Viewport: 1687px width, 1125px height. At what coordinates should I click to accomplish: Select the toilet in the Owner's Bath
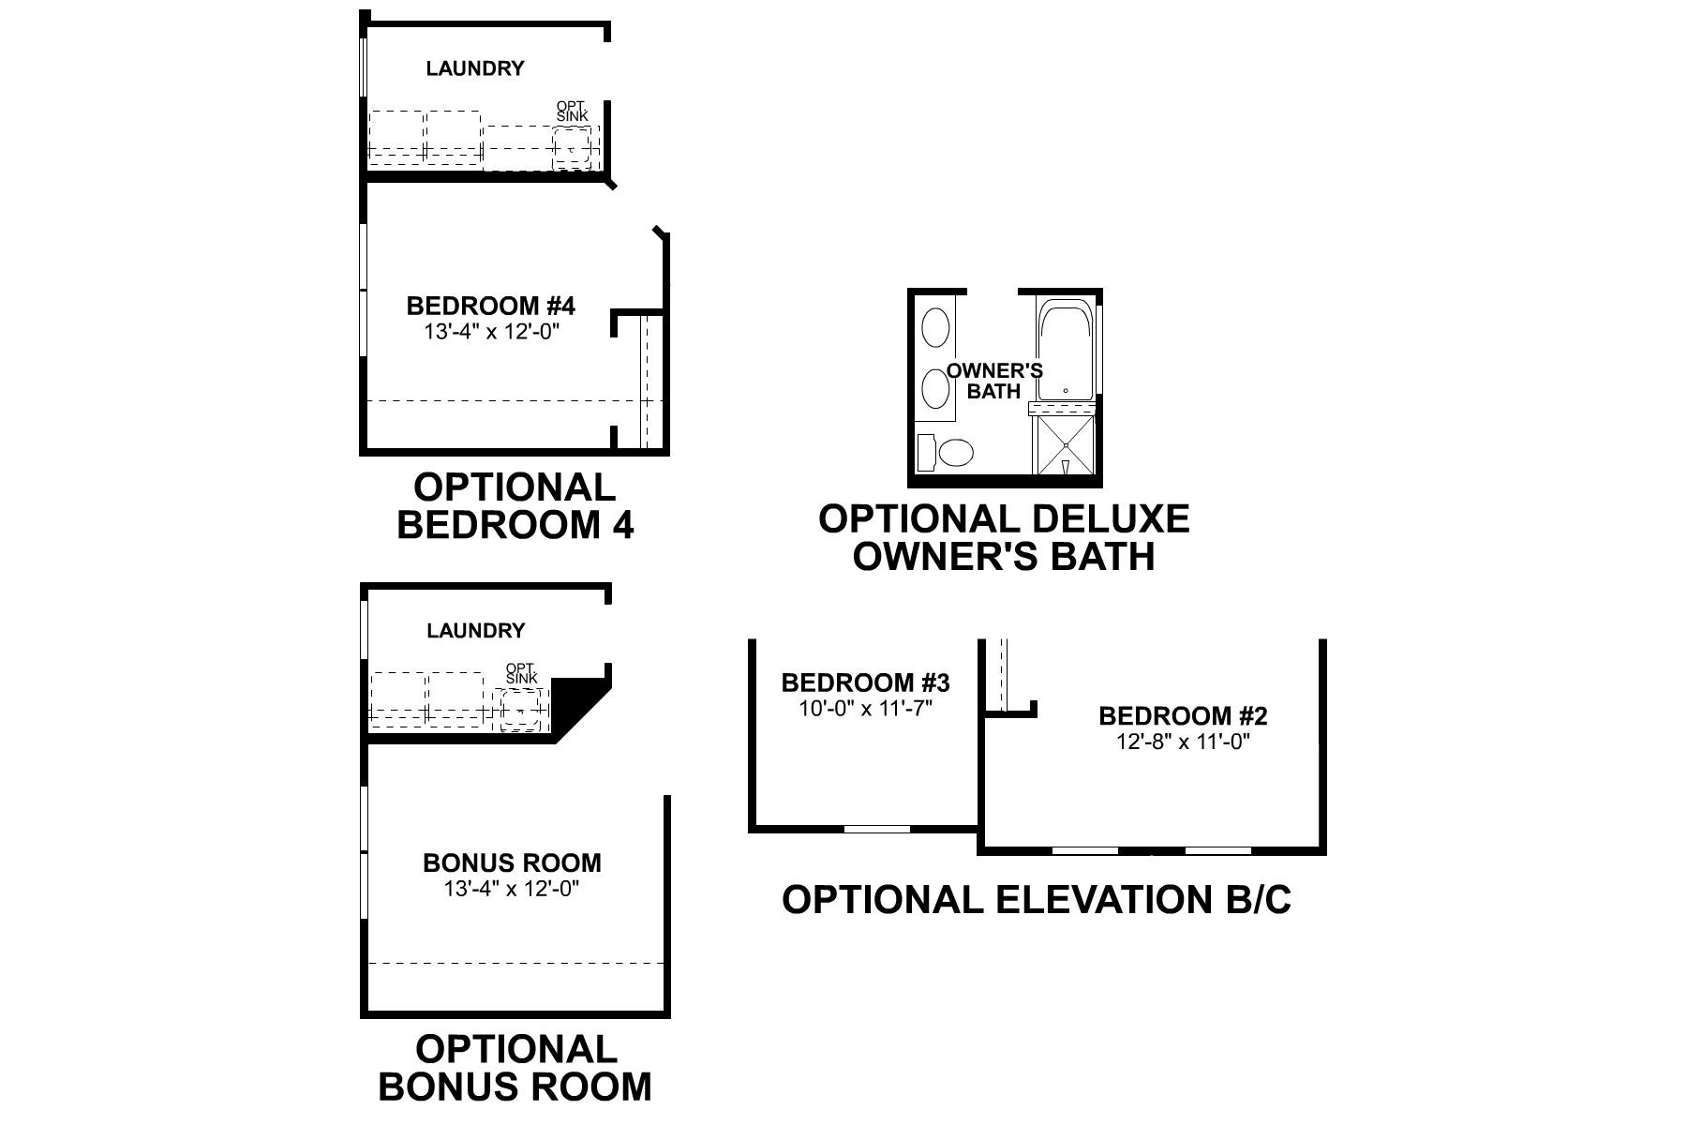[956, 454]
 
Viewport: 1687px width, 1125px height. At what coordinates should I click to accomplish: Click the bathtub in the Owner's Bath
[1065, 352]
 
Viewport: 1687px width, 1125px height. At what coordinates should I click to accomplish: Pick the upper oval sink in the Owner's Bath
[935, 329]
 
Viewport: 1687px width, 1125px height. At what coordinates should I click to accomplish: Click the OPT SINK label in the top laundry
[572, 111]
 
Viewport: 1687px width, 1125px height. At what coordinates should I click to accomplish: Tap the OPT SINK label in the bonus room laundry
[522, 673]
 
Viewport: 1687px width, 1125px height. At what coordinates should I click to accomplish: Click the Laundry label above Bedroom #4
[474, 68]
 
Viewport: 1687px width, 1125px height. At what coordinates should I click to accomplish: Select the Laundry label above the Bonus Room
[475, 631]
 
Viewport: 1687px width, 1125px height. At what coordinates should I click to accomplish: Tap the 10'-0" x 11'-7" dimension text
[865, 708]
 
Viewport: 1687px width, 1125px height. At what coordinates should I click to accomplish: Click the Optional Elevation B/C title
[1037, 899]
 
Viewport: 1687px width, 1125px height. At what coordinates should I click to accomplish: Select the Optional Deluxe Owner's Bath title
[1004, 537]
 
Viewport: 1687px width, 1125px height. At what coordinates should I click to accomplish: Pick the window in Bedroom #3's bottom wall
[876, 829]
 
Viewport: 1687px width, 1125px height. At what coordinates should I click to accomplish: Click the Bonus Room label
[512, 862]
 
